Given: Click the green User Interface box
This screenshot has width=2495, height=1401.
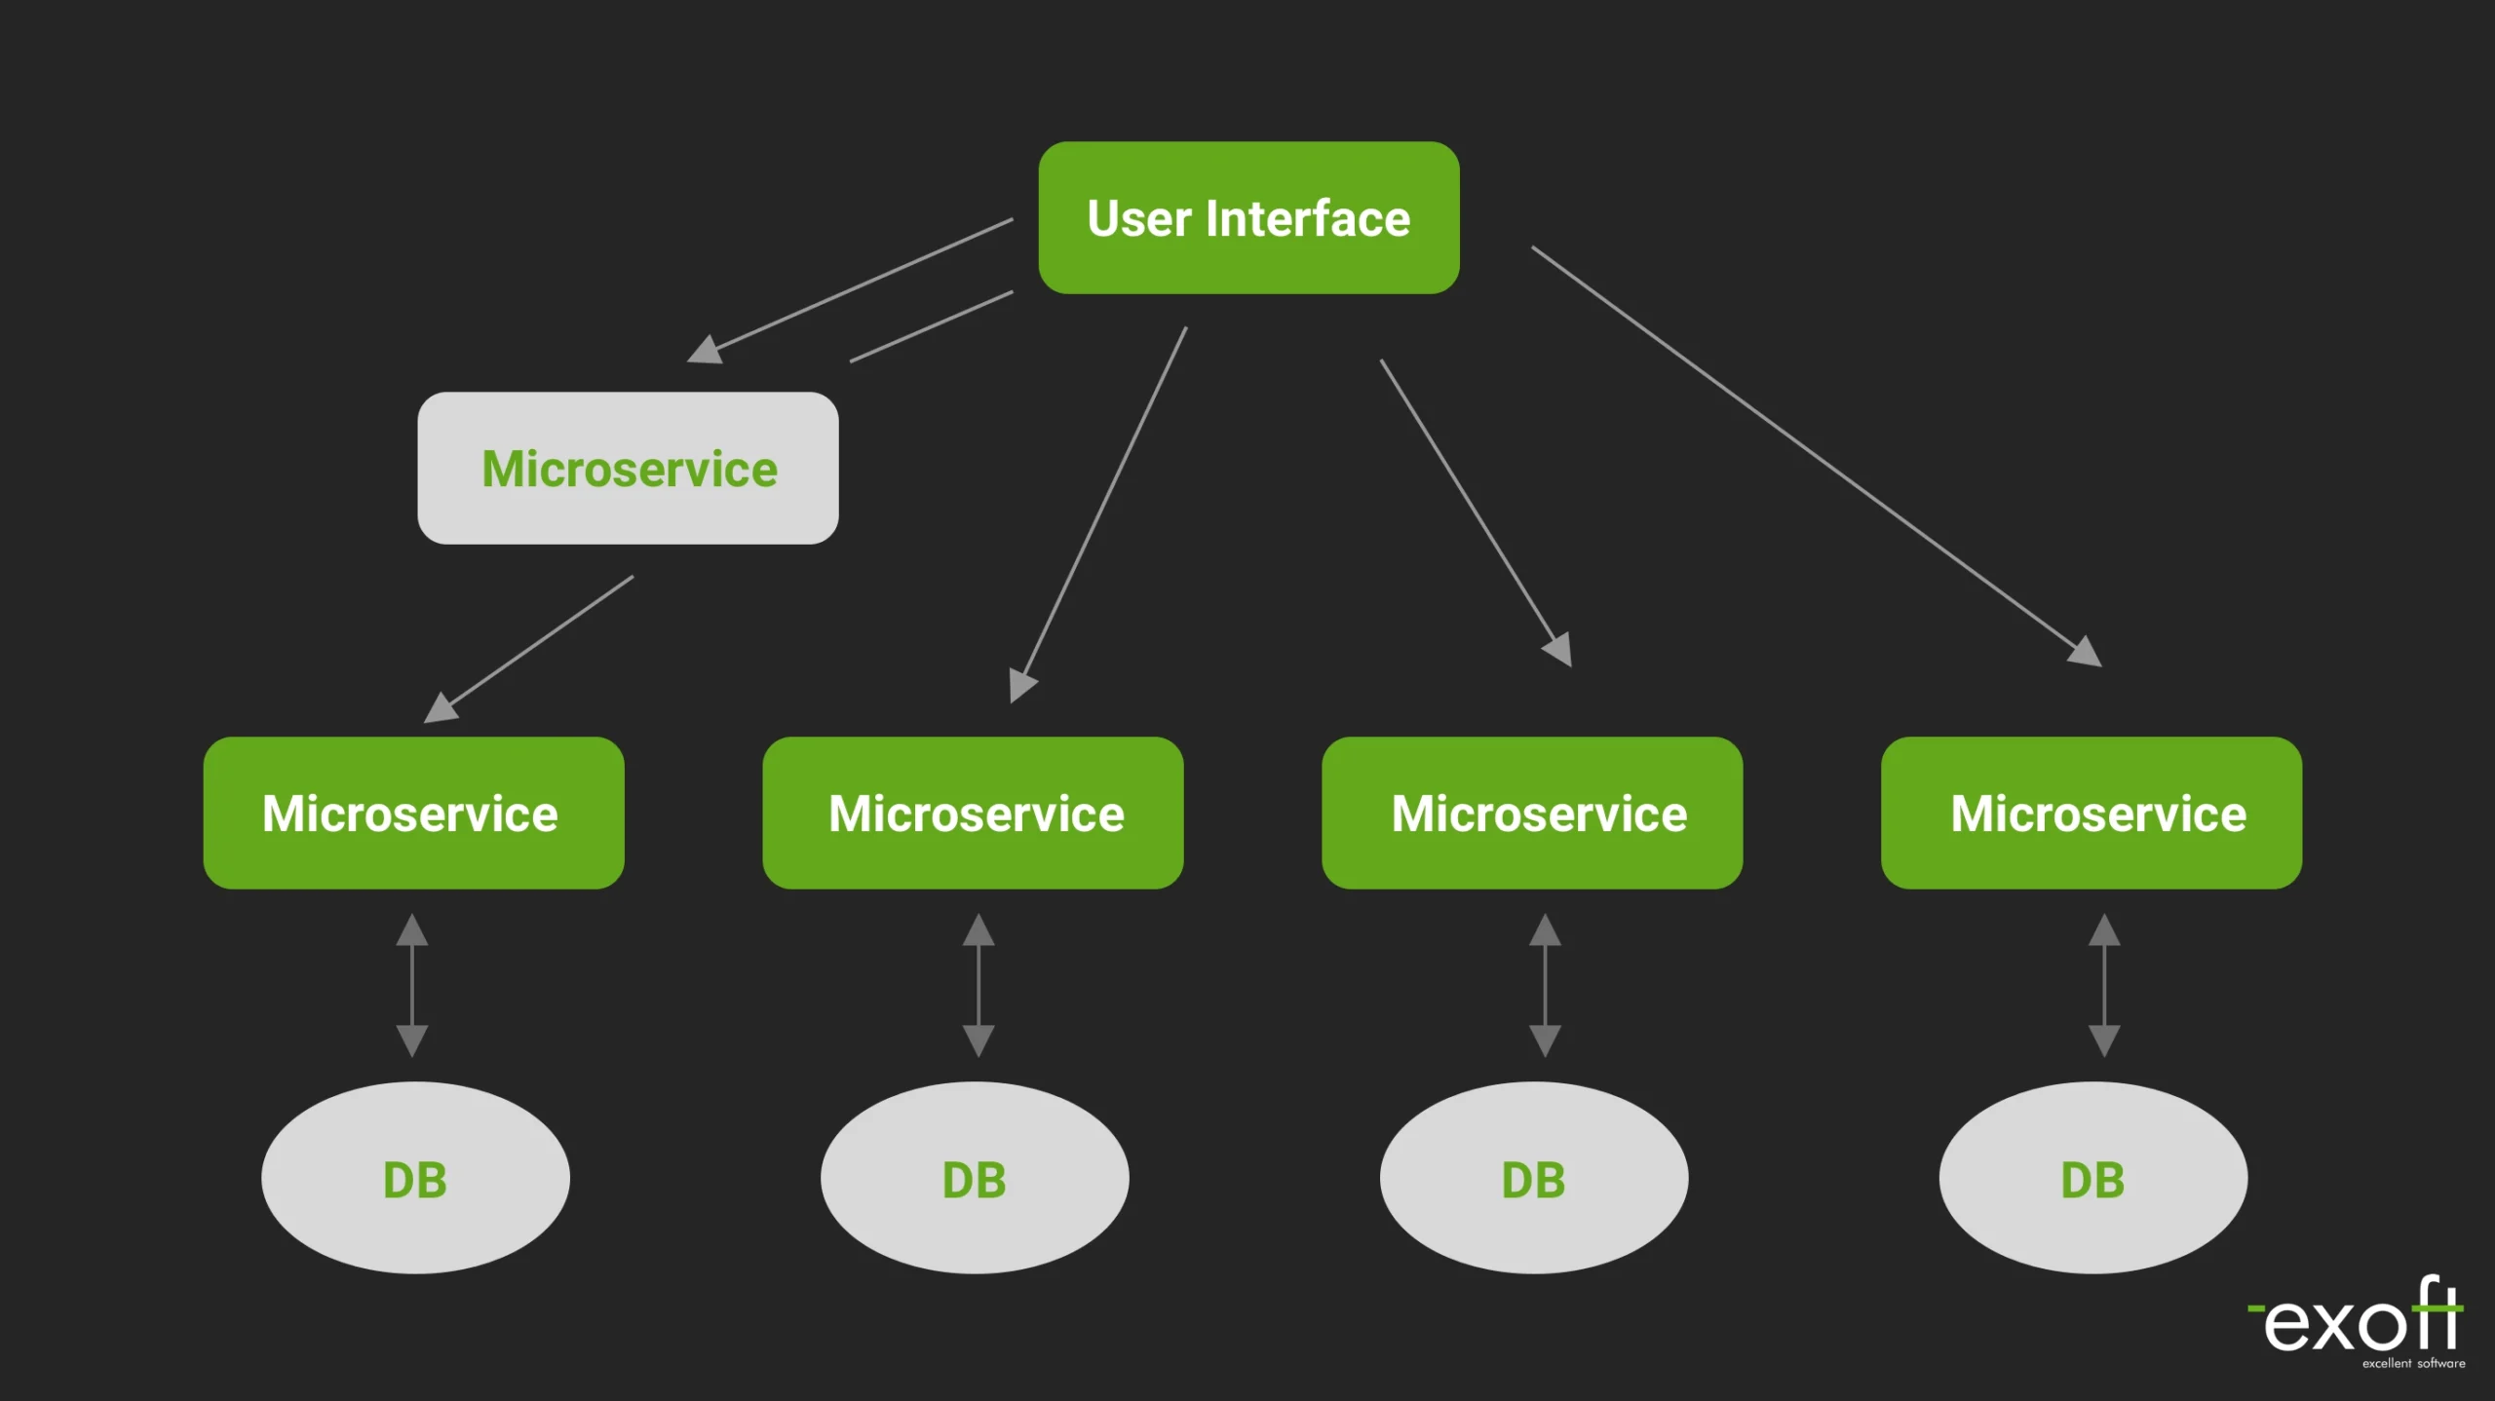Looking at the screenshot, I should [x=1248, y=217].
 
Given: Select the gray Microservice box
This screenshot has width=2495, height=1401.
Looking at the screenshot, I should [x=628, y=468].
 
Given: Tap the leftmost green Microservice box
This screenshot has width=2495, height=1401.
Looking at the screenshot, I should [x=413, y=813].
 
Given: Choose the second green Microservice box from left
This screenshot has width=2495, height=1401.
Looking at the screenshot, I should [x=973, y=813].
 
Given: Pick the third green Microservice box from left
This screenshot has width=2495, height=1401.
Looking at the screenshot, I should [x=1532, y=813].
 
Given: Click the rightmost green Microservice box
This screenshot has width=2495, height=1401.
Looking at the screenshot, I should [x=2092, y=813].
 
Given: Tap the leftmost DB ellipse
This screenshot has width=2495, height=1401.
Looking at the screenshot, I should [x=415, y=1178].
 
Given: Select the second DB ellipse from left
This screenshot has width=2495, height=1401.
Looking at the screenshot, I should [x=975, y=1178].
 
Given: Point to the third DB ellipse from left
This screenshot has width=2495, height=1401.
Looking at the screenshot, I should [x=1533, y=1178].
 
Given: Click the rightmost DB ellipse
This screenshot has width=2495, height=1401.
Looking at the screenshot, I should [x=2092, y=1178].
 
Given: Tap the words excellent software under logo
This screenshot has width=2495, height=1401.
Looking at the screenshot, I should [x=2413, y=1363].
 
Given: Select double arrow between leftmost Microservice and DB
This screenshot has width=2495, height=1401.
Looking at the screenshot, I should [x=412, y=985].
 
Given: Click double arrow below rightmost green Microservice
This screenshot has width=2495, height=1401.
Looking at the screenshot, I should [x=2104, y=985].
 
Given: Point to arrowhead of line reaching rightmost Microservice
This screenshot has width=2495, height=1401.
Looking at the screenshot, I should [x=2087, y=652].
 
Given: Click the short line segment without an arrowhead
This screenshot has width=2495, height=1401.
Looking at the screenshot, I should [x=931, y=326].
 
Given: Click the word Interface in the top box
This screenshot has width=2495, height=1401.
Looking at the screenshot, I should [x=1308, y=218].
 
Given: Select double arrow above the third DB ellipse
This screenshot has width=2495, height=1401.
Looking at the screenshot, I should [x=1545, y=985].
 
